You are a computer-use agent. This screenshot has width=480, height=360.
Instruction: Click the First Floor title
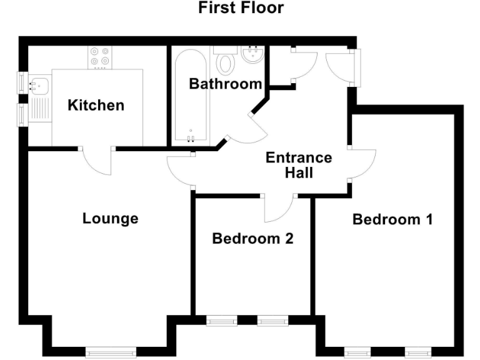pyautogui.click(x=241, y=8)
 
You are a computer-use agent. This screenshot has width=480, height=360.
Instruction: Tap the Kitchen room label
pyautogui.click(x=96, y=105)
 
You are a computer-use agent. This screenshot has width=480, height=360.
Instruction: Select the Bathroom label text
pyautogui.click(x=226, y=84)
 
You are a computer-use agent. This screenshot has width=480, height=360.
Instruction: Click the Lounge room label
pyautogui.click(x=110, y=219)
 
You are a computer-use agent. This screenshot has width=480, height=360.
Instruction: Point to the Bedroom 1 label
pyautogui.click(x=392, y=219)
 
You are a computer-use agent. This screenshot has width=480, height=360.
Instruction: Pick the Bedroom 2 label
pyautogui.click(x=252, y=238)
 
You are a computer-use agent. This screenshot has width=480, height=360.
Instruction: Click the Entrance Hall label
pyautogui.click(x=299, y=165)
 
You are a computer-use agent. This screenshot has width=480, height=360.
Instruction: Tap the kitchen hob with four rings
pyautogui.click(x=99, y=57)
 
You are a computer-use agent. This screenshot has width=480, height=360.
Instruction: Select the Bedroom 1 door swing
pyautogui.click(x=362, y=165)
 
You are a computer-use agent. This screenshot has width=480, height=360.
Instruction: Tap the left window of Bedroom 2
pyautogui.click(x=221, y=321)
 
